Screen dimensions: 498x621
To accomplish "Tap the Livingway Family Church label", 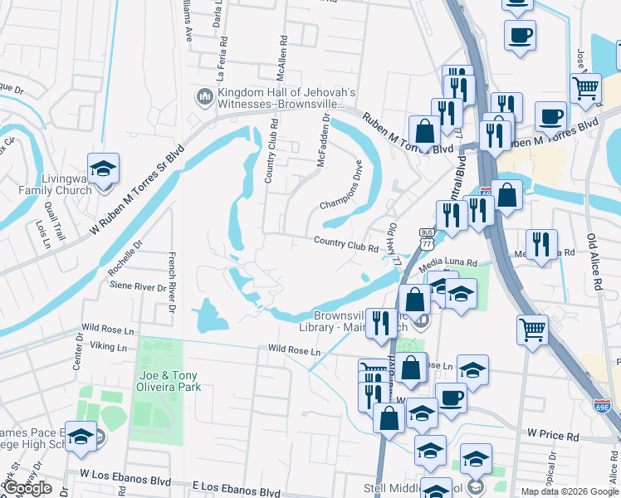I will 56,184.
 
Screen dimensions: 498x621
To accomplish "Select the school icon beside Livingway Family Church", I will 103,172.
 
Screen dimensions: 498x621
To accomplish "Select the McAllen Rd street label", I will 281,62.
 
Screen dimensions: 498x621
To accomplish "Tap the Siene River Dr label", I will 139,286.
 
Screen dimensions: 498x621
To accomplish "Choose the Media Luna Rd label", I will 448,262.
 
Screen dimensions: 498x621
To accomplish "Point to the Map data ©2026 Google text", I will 570,491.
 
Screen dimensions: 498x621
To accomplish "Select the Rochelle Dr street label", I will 126,258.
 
